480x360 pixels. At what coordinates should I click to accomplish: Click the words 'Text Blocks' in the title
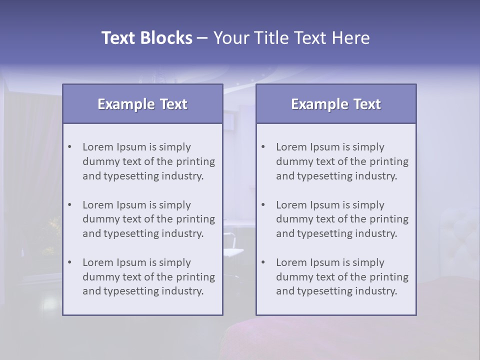pos(146,38)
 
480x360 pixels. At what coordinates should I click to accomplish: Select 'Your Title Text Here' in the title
pos(291,38)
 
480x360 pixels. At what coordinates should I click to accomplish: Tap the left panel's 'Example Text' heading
pos(142,104)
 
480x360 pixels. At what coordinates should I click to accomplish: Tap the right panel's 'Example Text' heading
pos(336,104)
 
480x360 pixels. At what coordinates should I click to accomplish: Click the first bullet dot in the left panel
pos(70,147)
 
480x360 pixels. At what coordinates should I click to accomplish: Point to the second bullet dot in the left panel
pos(70,205)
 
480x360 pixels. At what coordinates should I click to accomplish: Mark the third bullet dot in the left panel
pos(70,262)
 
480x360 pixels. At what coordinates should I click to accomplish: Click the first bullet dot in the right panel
pos(263,147)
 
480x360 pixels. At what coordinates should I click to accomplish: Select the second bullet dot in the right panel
pos(263,205)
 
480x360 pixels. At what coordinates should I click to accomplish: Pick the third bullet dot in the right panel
pos(263,262)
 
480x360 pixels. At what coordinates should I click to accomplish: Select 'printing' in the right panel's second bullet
pos(390,219)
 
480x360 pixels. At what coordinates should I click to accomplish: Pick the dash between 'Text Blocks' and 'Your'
pos(203,38)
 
